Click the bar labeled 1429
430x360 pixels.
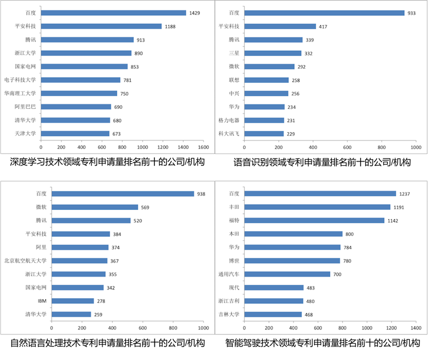tap(113, 13)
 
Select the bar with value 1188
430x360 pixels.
tap(101, 26)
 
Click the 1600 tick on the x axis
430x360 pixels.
tap(203, 147)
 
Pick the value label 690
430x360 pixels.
tap(118, 107)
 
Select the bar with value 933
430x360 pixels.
tap(324, 13)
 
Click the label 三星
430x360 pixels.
tap(234, 53)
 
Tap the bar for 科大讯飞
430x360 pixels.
tap(264, 133)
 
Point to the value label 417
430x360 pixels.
tap(323, 26)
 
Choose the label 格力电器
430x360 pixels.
tap(229, 120)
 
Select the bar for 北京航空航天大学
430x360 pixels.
tap(79, 261)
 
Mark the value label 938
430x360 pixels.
tap(201, 194)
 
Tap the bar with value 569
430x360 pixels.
tap(95, 207)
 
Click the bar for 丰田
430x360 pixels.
tap(317, 207)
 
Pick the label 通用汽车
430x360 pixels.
tap(229, 275)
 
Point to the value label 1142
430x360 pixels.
tap(393, 221)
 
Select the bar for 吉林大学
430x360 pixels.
tap(273, 315)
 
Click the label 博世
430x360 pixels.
tap(234, 261)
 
